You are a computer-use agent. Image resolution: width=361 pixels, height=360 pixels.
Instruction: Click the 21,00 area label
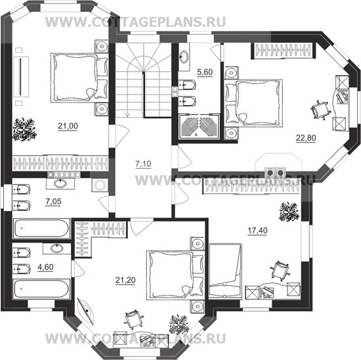point(68,126)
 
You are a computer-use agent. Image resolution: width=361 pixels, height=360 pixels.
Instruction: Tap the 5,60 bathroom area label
point(205,72)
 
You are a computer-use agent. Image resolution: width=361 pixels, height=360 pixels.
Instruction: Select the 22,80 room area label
point(306,138)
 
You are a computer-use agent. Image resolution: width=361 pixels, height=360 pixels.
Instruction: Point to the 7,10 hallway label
point(143,164)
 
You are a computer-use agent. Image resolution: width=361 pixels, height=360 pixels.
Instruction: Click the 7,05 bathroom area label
point(53,202)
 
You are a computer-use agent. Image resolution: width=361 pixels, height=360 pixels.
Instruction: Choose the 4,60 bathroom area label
point(45,267)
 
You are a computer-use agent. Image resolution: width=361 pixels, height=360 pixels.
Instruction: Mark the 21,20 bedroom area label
point(125,281)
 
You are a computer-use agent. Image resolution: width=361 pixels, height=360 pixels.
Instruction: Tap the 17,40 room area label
point(257,230)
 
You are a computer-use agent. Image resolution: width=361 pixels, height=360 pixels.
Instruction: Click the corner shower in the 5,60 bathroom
point(199,127)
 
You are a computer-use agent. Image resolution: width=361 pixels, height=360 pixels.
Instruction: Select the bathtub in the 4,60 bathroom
point(41,288)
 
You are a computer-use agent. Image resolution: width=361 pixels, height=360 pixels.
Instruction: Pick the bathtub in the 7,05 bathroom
point(41,229)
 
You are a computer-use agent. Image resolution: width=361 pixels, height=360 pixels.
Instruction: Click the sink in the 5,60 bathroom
point(184,56)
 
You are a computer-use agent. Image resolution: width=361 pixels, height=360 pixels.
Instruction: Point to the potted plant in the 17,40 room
point(289,212)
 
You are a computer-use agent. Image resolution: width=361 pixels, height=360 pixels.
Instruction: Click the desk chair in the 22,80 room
point(320,110)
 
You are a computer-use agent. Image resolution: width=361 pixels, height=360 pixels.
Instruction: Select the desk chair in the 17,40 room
point(280,271)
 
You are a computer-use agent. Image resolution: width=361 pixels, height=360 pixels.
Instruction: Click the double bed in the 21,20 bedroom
point(175,275)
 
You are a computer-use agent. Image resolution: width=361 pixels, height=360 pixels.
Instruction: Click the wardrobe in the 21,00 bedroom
point(60,164)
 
